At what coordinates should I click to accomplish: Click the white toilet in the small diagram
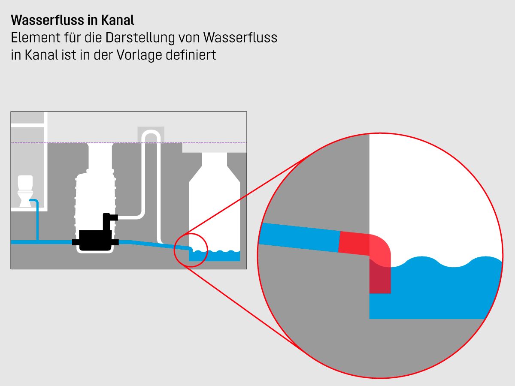tap(25, 191)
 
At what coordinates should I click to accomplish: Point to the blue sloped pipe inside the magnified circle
tap(300, 237)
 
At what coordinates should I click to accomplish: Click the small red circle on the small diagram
tap(191, 250)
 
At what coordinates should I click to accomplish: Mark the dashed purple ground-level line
tap(129, 143)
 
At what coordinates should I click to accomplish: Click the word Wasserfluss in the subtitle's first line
tap(240, 38)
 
